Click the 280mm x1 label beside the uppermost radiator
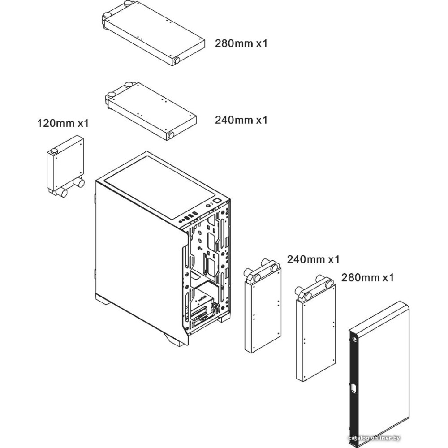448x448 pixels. (242, 44)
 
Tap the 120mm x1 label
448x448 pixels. (63, 123)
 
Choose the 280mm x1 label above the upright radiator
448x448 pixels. (367, 277)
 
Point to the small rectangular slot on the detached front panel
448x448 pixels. (353, 388)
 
